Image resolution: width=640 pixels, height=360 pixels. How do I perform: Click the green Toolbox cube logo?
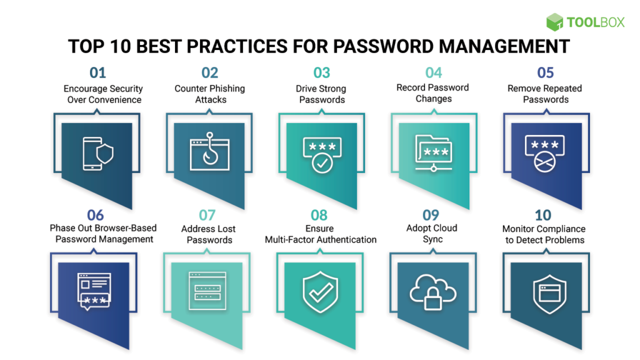(554, 22)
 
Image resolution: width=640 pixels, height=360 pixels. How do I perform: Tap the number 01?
(97, 73)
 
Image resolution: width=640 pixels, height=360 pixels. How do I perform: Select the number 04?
(433, 72)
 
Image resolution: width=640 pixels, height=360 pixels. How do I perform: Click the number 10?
(542, 216)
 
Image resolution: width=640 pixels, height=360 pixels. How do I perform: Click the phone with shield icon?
(97, 154)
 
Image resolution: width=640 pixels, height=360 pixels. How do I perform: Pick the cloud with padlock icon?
(433, 291)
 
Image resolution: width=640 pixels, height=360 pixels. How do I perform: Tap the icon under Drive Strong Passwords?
(321, 154)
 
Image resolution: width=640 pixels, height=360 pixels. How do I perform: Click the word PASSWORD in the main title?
(387, 47)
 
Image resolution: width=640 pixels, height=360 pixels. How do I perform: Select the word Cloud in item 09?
(445, 228)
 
